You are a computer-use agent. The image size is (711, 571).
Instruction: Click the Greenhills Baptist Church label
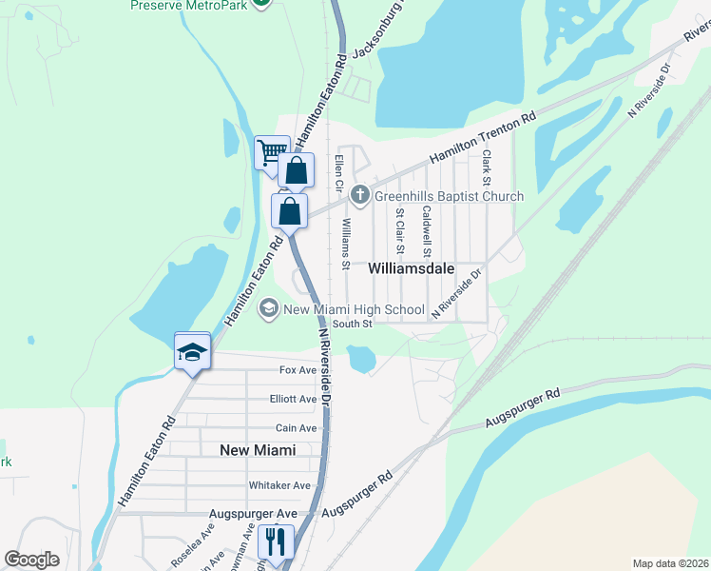point(449,197)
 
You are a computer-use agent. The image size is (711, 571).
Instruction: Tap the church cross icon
point(360,196)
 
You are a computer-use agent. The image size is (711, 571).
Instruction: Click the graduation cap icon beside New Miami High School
point(268,309)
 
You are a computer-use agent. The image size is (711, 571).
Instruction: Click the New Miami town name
point(258,450)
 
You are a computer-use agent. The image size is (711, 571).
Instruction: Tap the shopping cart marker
point(272,152)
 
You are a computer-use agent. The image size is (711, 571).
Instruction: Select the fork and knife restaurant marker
point(276,541)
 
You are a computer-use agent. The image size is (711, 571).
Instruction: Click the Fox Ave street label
point(298,370)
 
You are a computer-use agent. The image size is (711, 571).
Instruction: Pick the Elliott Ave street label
point(294,400)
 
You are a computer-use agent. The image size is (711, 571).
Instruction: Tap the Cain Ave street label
point(296,429)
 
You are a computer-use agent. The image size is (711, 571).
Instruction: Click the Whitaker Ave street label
point(280,485)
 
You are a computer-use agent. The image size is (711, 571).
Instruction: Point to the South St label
point(352,324)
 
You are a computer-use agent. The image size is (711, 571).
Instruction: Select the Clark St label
point(486,167)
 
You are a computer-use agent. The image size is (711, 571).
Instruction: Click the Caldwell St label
point(427,231)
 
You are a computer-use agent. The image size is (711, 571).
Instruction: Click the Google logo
point(32,559)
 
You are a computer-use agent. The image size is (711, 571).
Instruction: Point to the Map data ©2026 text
point(670,563)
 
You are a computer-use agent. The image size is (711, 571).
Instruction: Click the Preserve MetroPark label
point(190,5)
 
